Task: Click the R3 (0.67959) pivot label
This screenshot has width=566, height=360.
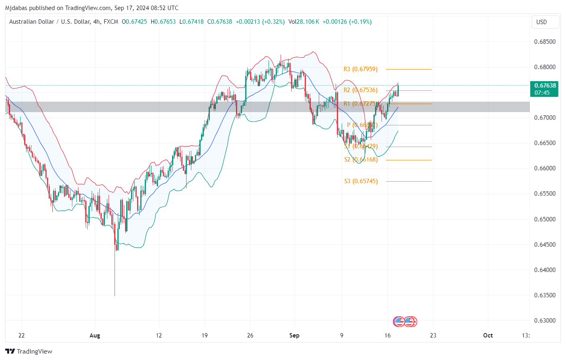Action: click(x=361, y=69)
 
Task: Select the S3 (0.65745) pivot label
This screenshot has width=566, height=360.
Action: click(x=361, y=181)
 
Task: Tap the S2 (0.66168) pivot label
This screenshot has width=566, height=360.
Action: click(x=361, y=160)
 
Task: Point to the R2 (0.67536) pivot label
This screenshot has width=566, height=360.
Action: click(x=361, y=90)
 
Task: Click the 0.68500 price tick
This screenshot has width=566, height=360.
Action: click(x=545, y=42)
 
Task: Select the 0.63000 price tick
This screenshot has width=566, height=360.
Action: click(x=545, y=321)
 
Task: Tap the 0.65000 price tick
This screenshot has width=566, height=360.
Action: click(x=545, y=219)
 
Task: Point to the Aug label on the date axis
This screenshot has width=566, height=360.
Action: click(x=95, y=335)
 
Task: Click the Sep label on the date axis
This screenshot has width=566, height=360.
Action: click(x=294, y=335)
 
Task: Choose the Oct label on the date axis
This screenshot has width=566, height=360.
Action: click(x=488, y=335)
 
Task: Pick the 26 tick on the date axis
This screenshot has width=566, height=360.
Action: click(x=250, y=335)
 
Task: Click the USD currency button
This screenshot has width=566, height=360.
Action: click(x=541, y=22)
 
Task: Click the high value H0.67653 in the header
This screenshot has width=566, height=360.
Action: click(x=163, y=22)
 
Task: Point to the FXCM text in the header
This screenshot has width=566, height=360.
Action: click(x=111, y=22)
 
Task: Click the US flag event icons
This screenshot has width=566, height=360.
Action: click(x=405, y=321)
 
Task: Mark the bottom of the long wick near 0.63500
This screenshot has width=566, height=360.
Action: click(x=115, y=295)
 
